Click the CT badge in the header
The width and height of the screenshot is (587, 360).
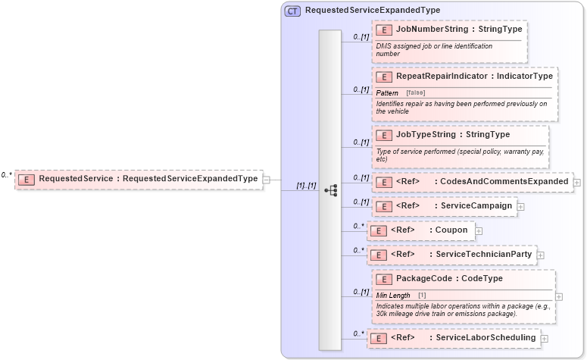click(x=292, y=11)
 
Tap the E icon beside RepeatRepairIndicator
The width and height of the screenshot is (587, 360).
click(x=384, y=77)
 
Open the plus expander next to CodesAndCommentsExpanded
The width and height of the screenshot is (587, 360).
click(x=577, y=182)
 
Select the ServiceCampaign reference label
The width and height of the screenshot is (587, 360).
click(x=476, y=206)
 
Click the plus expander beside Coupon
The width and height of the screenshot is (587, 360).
click(x=479, y=230)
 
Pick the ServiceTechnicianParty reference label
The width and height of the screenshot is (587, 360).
click(x=483, y=255)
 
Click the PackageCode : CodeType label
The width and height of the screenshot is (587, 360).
click(x=449, y=279)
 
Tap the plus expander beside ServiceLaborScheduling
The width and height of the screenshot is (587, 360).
click(x=545, y=338)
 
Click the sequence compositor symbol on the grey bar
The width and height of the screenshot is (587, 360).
click(x=330, y=190)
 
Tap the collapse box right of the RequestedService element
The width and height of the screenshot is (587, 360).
click(x=267, y=180)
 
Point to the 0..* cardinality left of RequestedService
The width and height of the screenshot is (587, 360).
click(x=7, y=175)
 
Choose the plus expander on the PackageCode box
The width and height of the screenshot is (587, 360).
click(x=559, y=297)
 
